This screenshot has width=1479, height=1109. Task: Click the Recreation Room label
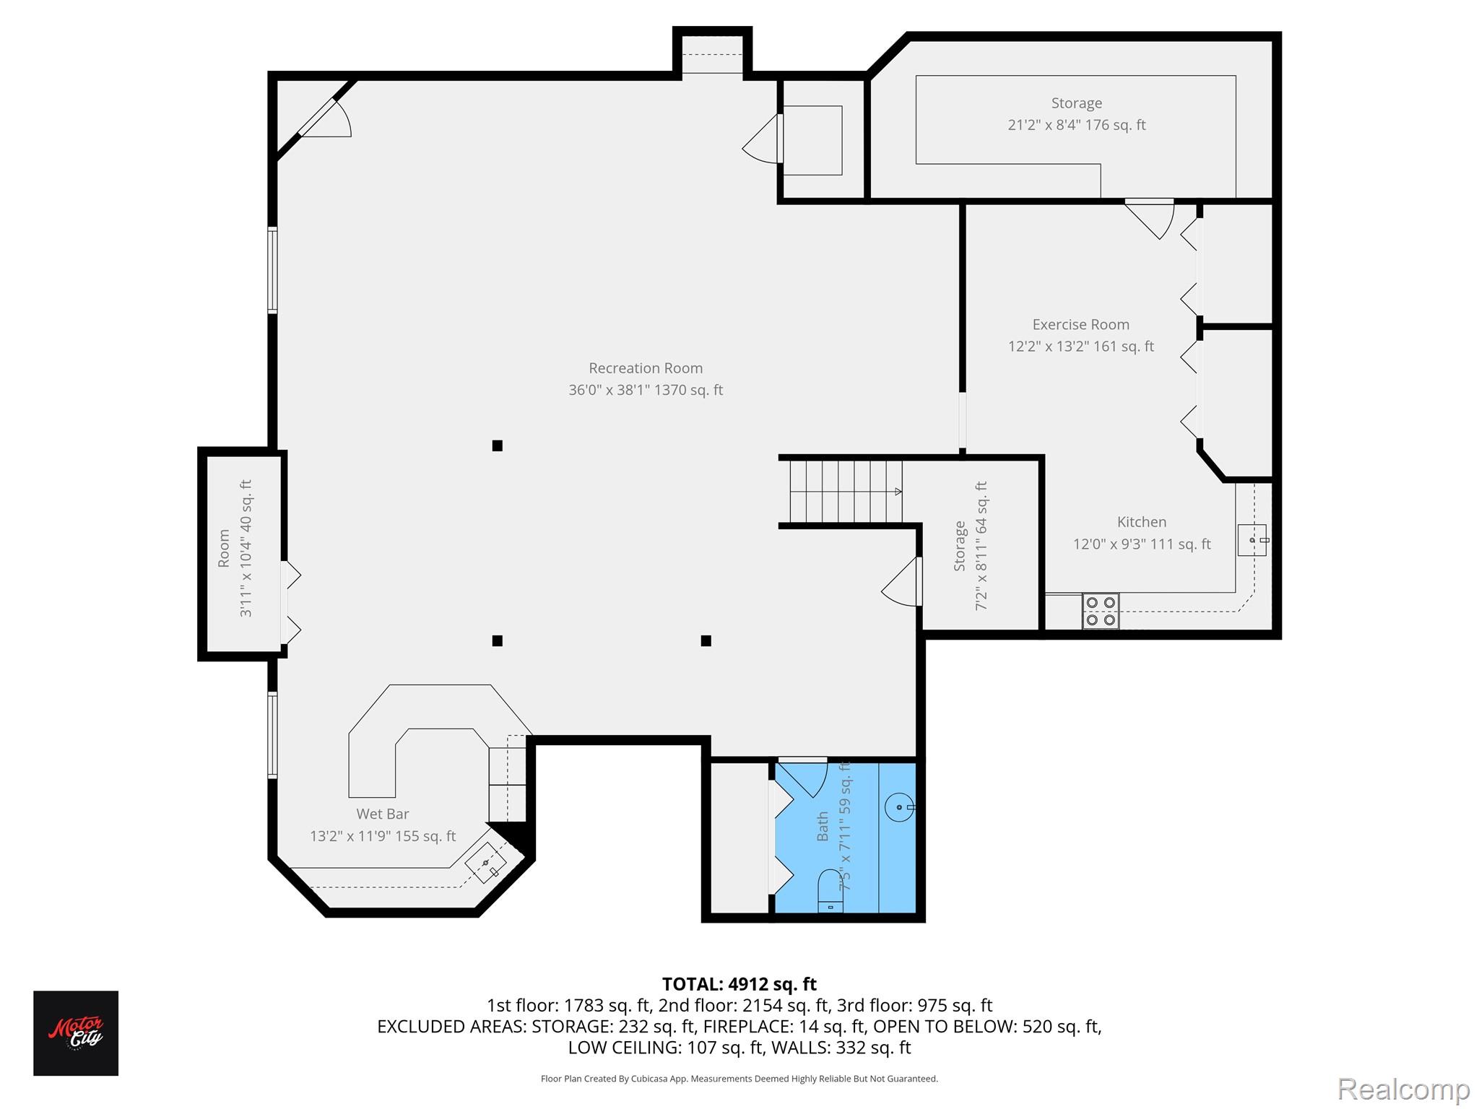[645, 368]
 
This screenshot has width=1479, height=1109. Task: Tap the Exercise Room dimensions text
[1080, 347]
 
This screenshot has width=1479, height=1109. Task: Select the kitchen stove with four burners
[1100, 611]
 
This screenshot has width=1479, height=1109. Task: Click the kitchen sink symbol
[1252, 540]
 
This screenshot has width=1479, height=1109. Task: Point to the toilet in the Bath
[830, 891]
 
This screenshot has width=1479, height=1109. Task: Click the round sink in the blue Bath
[899, 807]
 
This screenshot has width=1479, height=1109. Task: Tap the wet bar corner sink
[485, 864]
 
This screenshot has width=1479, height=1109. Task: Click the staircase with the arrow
[845, 492]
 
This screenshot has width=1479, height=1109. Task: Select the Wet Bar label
[382, 814]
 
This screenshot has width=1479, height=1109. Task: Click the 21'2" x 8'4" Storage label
[1076, 114]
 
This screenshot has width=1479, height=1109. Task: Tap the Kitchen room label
[1141, 522]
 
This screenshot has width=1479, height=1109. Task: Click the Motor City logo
[76, 1032]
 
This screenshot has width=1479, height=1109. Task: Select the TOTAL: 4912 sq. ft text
[739, 984]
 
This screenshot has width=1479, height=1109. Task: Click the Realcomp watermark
[1403, 1089]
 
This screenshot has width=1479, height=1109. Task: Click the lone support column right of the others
[706, 640]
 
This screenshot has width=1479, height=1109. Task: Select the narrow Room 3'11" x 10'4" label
[235, 549]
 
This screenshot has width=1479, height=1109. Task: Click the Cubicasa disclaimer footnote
[739, 1079]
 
